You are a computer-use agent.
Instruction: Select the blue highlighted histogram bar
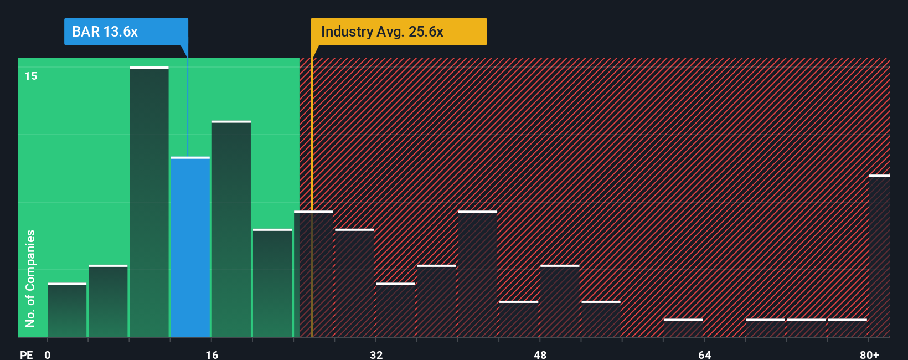190,247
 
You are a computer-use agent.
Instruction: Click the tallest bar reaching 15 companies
149,202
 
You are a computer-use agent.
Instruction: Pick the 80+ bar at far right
879,256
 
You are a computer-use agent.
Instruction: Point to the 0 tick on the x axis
48,354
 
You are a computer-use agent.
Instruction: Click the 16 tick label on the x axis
211,354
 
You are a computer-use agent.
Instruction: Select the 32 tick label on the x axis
376,354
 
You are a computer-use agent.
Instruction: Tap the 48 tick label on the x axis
540,354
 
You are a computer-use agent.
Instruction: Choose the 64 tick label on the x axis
704,354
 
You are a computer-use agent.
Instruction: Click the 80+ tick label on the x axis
869,354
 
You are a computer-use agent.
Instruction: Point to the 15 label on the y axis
31,76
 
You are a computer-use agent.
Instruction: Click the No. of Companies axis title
30,278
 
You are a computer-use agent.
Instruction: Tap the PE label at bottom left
26,354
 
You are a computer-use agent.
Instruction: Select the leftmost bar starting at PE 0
67,310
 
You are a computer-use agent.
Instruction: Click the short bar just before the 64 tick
683,327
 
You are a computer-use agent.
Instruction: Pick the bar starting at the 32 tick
395,310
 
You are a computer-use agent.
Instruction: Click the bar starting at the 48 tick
560,301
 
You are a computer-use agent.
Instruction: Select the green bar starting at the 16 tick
231,229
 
